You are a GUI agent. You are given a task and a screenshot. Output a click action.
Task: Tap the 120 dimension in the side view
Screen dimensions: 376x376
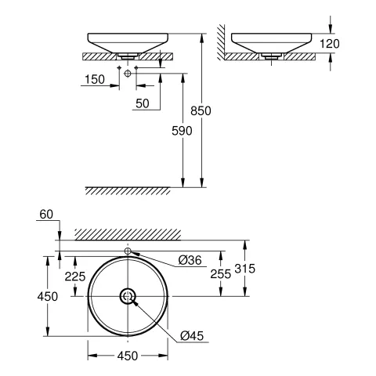tap(333, 44)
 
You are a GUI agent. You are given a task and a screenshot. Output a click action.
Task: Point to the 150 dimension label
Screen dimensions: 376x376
tap(96, 80)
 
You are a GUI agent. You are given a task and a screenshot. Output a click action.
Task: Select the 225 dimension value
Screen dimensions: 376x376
tap(74, 275)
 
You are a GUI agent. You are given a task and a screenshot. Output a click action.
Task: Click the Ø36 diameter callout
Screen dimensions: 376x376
tap(189, 260)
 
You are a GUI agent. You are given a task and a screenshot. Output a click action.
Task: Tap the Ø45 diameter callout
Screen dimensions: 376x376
tap(193, 335)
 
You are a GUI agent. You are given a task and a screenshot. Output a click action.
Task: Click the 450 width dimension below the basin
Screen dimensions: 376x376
tap(128, 356)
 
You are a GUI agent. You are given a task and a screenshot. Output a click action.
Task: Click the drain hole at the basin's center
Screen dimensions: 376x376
tap(128, 296)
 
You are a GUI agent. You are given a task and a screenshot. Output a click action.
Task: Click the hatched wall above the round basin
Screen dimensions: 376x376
tap(128, 233)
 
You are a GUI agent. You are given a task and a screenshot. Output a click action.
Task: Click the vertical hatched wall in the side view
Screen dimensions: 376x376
tap(222, 43)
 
